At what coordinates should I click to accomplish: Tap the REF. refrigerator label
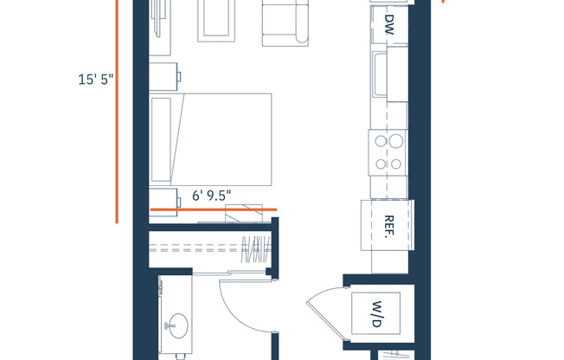click(389, 226)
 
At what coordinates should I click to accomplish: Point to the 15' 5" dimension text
click(95, 79)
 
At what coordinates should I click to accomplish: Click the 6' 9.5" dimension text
click(212, 196)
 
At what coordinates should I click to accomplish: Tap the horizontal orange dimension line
click(213, 209)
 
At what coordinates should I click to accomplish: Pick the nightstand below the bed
click(163, 197)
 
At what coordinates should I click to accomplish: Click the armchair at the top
click(284, 22)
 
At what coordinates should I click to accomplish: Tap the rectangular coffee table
click(216, 19)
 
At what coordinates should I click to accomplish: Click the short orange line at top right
click(443, 2)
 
